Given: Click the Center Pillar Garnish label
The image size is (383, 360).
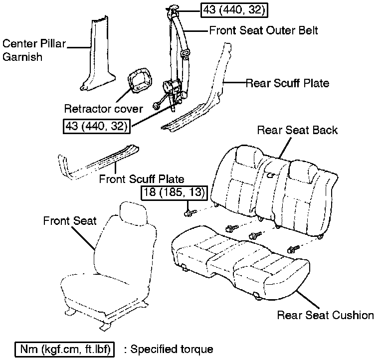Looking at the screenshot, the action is tap(34, 50).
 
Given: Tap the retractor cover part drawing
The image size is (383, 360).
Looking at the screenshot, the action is tap(140, 80).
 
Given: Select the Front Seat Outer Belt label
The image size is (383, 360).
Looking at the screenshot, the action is tap(263, 30).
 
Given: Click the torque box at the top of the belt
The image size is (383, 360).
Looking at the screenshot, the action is tap(234, 10).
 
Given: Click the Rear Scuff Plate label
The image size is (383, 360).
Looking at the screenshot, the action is tap(287, 83).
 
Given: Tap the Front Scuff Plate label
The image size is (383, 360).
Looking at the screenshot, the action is tap(142, 179).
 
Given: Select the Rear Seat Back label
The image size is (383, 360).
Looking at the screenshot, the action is tap(298, 130).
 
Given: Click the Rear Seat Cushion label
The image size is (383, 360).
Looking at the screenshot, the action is tap(326, 315).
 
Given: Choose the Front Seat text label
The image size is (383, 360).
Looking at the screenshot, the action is tap(70, 221).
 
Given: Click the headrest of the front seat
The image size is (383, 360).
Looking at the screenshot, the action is tap(134, 212).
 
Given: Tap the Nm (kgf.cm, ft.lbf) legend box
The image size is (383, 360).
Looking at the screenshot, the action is tap(64, 349).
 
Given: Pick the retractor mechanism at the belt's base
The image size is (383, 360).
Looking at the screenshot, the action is tap(172, 92).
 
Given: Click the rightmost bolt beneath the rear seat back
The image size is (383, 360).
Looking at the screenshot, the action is tap(293, 249).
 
